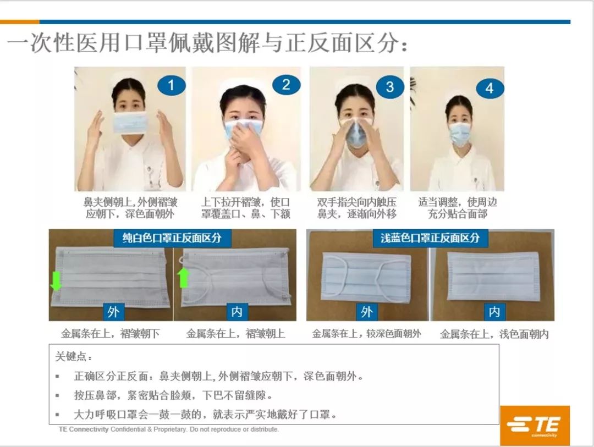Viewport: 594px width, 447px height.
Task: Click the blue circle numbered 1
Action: pos(171,85)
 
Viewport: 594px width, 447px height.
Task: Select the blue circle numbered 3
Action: pos(390,86)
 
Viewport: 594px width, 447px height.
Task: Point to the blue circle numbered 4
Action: pos(490,88)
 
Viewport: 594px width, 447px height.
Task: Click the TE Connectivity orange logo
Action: pos(535,425)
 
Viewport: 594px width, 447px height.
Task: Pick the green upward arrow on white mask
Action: pos(184,277)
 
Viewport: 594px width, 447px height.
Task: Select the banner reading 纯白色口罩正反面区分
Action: pos(172,238)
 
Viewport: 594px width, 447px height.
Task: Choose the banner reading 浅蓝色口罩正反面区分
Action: pos(430,238)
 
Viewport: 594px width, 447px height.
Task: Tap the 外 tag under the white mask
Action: pos(113,312)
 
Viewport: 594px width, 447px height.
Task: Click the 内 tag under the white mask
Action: pos(237,312)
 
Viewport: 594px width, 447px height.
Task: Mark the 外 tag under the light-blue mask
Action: pos(367,312)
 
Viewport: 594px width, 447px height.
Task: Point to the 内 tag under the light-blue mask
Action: pos(494,312)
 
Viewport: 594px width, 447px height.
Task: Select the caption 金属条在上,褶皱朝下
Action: pos(110,334)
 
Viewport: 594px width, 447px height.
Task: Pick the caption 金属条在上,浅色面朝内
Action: pos(494,334)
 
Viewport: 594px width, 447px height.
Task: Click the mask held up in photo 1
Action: pos(130,122)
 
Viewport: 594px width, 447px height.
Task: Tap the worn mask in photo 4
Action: pos(459,133)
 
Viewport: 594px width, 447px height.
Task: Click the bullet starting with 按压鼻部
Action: pos(173,395)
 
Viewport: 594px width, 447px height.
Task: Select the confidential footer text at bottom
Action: pos(168,429)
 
